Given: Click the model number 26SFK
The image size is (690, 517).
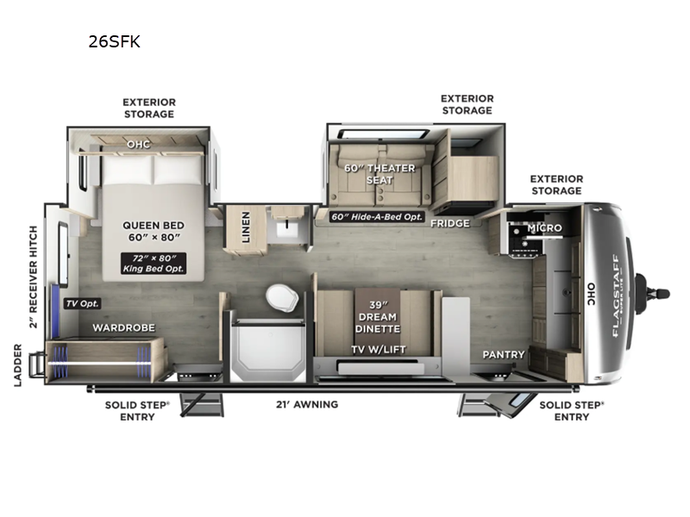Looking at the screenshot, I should (114, 40).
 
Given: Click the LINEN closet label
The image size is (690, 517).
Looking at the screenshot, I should (246, 227).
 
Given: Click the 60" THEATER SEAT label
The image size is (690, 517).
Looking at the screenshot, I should (379, 174).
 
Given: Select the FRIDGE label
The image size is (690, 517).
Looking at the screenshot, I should (450, 223).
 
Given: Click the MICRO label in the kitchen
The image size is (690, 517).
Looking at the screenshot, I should (545, 228).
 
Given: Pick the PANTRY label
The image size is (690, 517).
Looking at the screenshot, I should (504, 354).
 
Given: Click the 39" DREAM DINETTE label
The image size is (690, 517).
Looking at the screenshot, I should (378, 317).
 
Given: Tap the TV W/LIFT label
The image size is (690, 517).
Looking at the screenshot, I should (378, 349).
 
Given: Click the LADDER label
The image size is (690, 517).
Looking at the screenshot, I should (18, 365).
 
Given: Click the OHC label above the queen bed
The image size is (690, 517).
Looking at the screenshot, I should (138, 144).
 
